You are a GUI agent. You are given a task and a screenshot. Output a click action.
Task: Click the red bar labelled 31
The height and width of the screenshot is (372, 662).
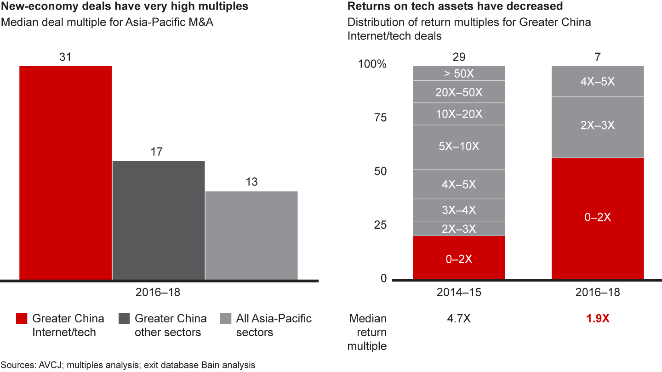(x=65, y=173)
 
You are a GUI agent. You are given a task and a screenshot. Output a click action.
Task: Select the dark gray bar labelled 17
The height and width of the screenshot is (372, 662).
(x=158, y=220)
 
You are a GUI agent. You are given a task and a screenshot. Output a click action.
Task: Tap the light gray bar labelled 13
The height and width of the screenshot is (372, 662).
(x=251, y=235)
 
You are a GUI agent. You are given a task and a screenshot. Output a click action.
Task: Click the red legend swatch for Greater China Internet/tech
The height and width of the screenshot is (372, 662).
(x=21, y=319)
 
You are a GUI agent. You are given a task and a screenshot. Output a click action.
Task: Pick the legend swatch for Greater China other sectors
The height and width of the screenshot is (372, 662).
(x=124, y=319)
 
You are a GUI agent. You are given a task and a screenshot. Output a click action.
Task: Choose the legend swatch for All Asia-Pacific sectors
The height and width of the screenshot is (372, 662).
(x=225, y=319)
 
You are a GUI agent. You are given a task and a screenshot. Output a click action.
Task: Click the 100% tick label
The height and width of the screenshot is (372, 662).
(x=372, y=64)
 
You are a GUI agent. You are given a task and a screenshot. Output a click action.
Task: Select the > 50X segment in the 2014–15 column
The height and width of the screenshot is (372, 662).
(x=459, y=73)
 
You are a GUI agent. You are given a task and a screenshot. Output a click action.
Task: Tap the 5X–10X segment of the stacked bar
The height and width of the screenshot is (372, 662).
(x=459, y=147)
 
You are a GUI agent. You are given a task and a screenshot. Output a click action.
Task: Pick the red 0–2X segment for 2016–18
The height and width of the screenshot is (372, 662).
(x=597, y=218)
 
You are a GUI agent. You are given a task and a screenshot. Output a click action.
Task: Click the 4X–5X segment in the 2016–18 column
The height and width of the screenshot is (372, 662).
(x=597, y=81)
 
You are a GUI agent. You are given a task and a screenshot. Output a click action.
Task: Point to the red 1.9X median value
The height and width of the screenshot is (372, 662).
(x=597, y=319)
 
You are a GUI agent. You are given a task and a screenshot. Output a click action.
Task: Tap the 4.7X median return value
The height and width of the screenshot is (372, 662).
(x=459, y=319)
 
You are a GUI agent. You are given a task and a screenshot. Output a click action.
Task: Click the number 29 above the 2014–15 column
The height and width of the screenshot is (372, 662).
(x=459, y=57)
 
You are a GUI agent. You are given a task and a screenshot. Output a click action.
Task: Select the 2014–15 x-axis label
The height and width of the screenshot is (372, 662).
(x=459, y=293)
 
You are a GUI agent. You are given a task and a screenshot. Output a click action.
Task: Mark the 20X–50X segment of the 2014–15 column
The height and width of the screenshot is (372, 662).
(x=459, y=92)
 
